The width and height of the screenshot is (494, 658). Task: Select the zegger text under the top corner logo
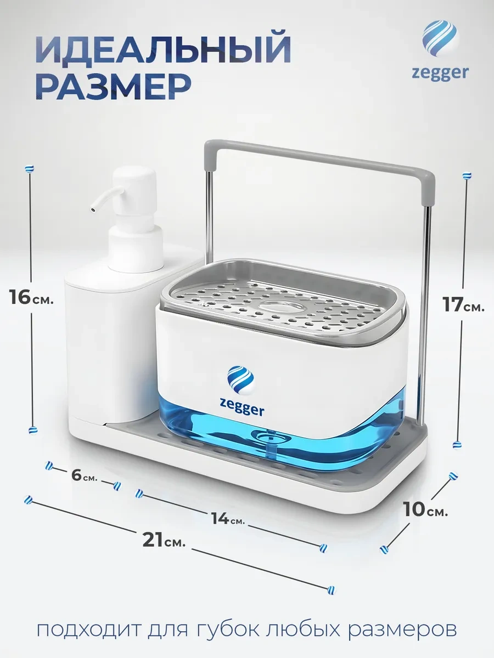tap(440, 73)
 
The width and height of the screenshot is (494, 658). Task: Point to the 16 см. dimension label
tap(31, 297)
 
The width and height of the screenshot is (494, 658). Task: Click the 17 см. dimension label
tap(463, 305)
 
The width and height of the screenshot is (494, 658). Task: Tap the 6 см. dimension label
tap(85, 475)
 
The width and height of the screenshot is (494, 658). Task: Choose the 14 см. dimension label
tap(228, 518)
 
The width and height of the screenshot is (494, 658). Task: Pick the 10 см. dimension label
tap(425, 509)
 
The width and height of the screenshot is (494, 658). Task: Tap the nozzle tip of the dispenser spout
tap(92, 209)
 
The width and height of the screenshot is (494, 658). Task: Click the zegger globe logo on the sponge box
tap(240, 379)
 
